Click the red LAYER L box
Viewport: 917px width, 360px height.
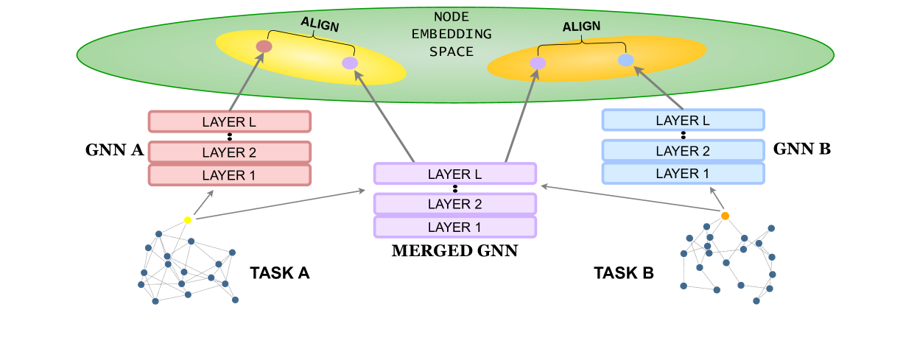pos(229,121)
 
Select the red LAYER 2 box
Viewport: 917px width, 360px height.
pos(229,152)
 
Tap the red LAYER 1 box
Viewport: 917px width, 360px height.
pos(229,175)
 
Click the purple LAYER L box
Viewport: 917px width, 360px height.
pos(454,174)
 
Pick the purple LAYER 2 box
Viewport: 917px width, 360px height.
pos(454,204)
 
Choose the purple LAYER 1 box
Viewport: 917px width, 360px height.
pos(454,227)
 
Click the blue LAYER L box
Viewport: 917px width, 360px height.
pos(683,120)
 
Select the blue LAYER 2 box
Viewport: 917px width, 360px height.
pos(683,151)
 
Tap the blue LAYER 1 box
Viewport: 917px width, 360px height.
pos(683,173)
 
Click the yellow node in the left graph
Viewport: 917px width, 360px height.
pos(188,220)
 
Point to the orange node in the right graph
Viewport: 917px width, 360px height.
pos(725,216)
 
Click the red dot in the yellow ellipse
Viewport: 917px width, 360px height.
pos(264,47)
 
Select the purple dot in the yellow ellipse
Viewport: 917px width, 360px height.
pos(350,63)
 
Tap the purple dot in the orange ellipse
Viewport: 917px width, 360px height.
pos(538,63)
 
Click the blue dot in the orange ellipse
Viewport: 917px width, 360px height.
pos(625,60)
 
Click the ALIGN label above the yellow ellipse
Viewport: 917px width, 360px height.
pos(320,24)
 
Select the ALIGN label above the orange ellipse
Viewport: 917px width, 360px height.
pos(581,27)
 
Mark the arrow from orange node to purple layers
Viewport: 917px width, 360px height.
pos(630,200)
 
